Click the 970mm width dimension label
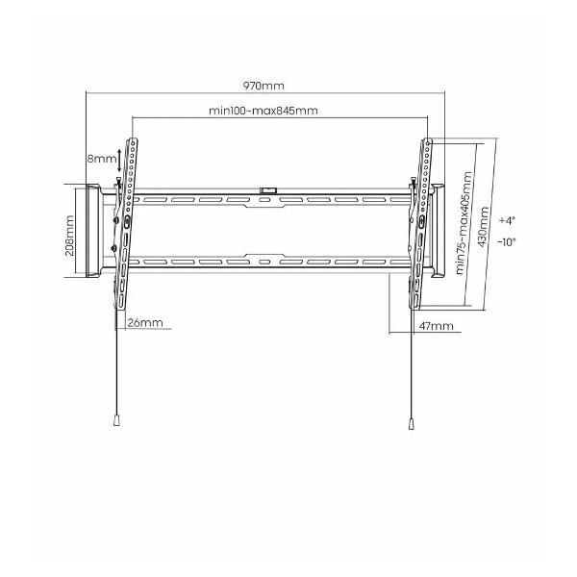coord(263,86)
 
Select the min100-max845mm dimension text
coord(263,111)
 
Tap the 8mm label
coord(102,160)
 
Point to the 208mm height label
coord(69,236)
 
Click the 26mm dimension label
coord(145,323)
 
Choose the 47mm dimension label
coord(436,326)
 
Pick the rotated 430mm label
coord(483,227)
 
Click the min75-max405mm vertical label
coord(464,223)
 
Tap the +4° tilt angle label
coord(507,220)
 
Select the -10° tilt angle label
coord(507,242)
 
